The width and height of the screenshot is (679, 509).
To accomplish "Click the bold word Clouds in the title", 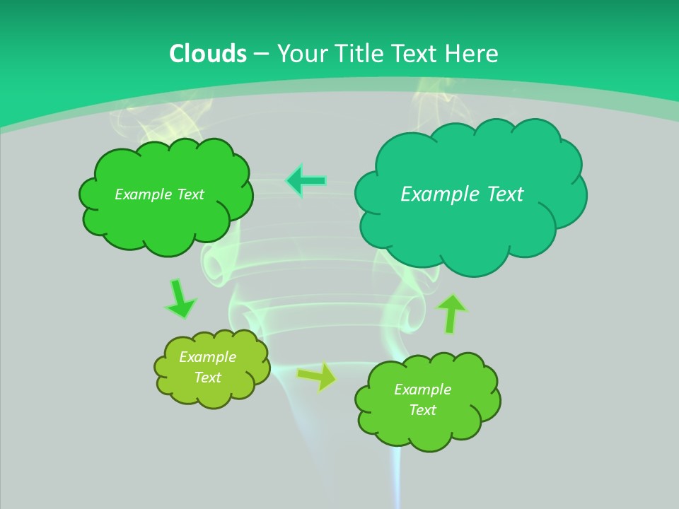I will click(x=208, y=54).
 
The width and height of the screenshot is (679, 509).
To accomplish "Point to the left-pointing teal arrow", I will click(x=306, y=181).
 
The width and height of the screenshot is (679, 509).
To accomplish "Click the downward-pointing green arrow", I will click(x=180, y=299).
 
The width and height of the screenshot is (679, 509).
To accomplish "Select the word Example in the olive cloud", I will click(x=207, y=357).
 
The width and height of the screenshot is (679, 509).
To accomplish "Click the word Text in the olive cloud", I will click(x=207, y=378).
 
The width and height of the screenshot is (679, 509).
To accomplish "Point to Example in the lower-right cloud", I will click(x=422, y=390).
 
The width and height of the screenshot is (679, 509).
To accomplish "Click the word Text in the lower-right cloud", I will click(x=422, y=410).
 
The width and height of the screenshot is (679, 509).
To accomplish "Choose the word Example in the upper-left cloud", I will click(x=141, y=194).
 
